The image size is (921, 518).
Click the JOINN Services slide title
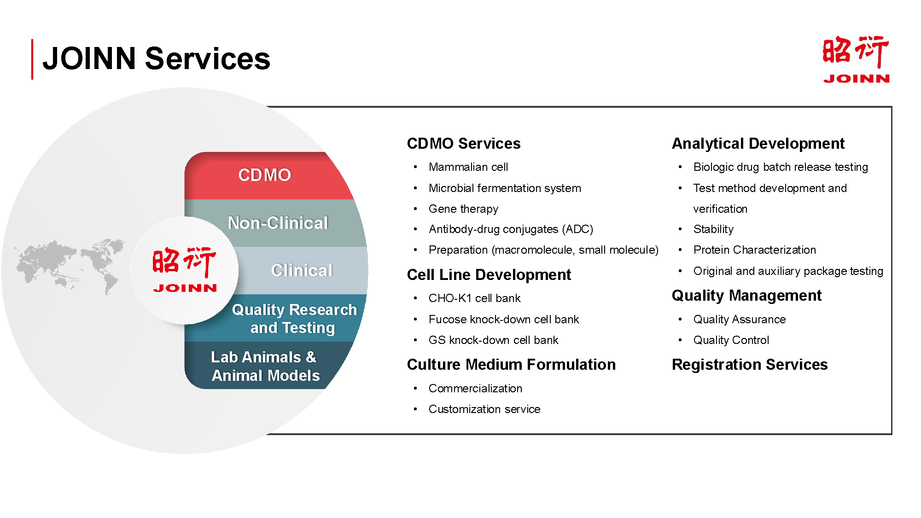click(156, 58)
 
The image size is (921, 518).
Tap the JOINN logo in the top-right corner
click(856, 59)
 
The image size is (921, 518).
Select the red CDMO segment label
click(265, 175)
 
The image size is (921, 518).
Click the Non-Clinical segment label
click(278, 223)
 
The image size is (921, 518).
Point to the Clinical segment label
click(302, 270)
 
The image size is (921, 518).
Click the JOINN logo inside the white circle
click(185, 270)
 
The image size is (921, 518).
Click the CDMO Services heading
click(464, 143)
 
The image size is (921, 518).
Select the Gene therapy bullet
click(463, 209)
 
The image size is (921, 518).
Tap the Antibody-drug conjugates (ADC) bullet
click(511, 229)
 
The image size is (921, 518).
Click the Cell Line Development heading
click(489, 274)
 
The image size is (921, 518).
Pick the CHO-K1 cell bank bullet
click(474, 298)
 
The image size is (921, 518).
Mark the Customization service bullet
click(484, 409)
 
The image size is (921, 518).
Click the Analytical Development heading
click(758, 143)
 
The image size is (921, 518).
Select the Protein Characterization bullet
click(755, 250)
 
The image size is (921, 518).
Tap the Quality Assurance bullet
click(740, 320)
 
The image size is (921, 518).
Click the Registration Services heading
click(750, 364)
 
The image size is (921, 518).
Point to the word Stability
click(713, 229)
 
